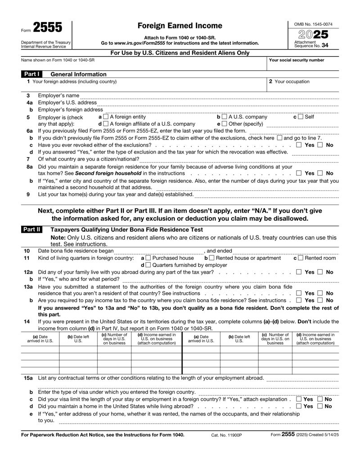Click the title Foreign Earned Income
tap(180, 26)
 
